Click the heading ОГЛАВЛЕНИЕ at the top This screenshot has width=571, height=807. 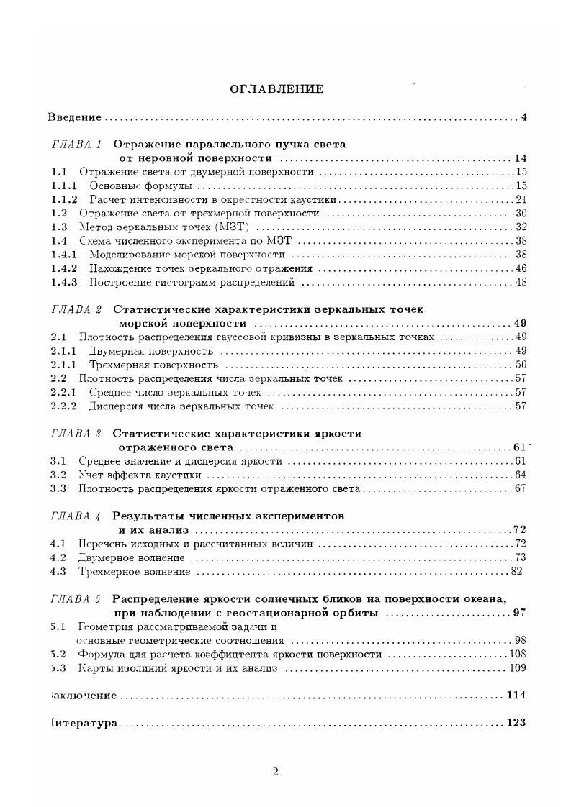pyautogui.click(x=276, y=89)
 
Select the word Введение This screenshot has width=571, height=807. pyautogui.click(x=75, y=117)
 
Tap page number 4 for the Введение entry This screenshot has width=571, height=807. pyautogui.click(x=524, y=117)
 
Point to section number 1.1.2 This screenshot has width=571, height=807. pyautogui.click(x=64, y=199)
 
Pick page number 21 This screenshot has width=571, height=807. pyautogui.click(x=521, y=199)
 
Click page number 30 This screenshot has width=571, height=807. pyautogui.click(x=521, y=214)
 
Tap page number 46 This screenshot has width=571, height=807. pyautogui.click(x=521, y=268)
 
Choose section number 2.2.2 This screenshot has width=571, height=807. pyautogui.click(x=64, y=406)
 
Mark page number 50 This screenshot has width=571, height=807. pyautogui.click(x=521, y=365)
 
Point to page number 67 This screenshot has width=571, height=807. pyautogui.click(x=521, y=489)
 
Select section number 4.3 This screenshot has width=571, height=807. pyautogui.click(x=58, y=572)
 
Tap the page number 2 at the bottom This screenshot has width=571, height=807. pyautogui.click(x=276, y=772)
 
